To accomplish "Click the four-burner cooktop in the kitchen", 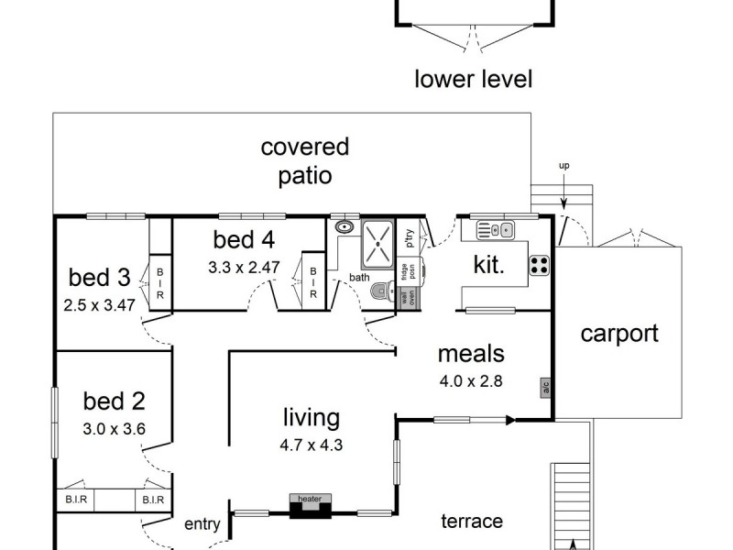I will pos(540,265).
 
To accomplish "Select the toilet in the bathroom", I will pos(382,291).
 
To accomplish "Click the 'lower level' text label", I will pos(473,79).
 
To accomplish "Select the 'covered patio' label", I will pos(305,160).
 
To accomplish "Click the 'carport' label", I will pos(619,333).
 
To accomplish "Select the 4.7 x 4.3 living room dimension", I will pos(311,446).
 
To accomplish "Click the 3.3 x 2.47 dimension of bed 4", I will pos(244,269).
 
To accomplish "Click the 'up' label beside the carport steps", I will pos(563,166).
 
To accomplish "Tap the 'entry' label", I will pos(202,524).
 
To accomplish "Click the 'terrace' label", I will pos(472,521).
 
